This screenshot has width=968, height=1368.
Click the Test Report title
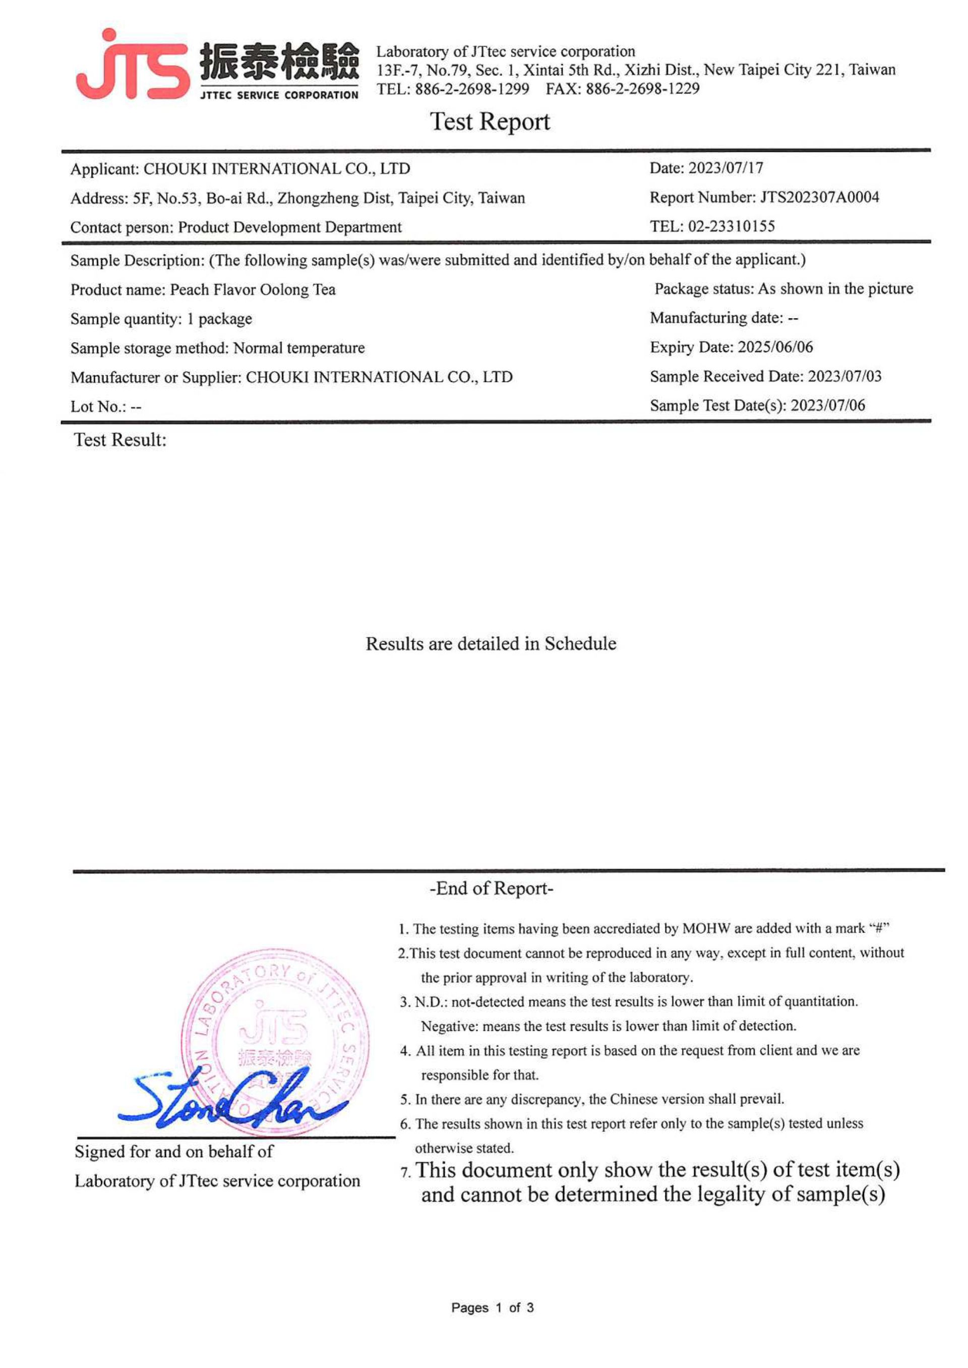(490, 122)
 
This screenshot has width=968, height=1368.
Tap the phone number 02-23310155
(732, 226)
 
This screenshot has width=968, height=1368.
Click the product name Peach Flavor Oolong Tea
(253, 290)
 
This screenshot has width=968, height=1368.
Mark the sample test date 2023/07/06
(827, 405)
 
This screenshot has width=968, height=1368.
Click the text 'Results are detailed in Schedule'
(491, 644)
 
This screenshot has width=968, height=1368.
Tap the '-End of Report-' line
(491, 888)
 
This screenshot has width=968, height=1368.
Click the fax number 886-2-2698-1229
(642, 89)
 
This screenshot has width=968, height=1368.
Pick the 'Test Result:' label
(120, 440)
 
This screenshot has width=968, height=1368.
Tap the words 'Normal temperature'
(298, 348)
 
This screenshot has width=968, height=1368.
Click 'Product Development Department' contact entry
(290, 227)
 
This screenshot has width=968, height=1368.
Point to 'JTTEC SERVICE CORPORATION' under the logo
(279, 95)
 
